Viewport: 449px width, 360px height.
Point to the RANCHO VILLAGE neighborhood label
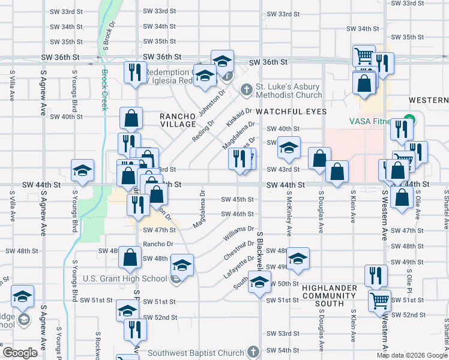click(x=178, y=120)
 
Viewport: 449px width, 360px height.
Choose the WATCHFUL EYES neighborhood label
click(x=291, y=112)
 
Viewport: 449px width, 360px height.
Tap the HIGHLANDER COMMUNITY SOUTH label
click(x=330, y=296)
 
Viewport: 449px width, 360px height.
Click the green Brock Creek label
click(x=104, y=89)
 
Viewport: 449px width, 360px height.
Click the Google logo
click(x=20, y=353)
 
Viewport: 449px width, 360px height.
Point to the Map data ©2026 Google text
click(x=411, y=356)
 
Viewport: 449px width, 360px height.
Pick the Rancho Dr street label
click(x=158, y=244)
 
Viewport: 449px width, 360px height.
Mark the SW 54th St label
click(x=283, y=350)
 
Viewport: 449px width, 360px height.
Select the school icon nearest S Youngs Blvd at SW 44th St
click(x=82, y=171)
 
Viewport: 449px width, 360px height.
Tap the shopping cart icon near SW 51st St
click(x=379, y=300)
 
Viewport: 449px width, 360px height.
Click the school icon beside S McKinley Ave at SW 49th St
click(x=298, y=259)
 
